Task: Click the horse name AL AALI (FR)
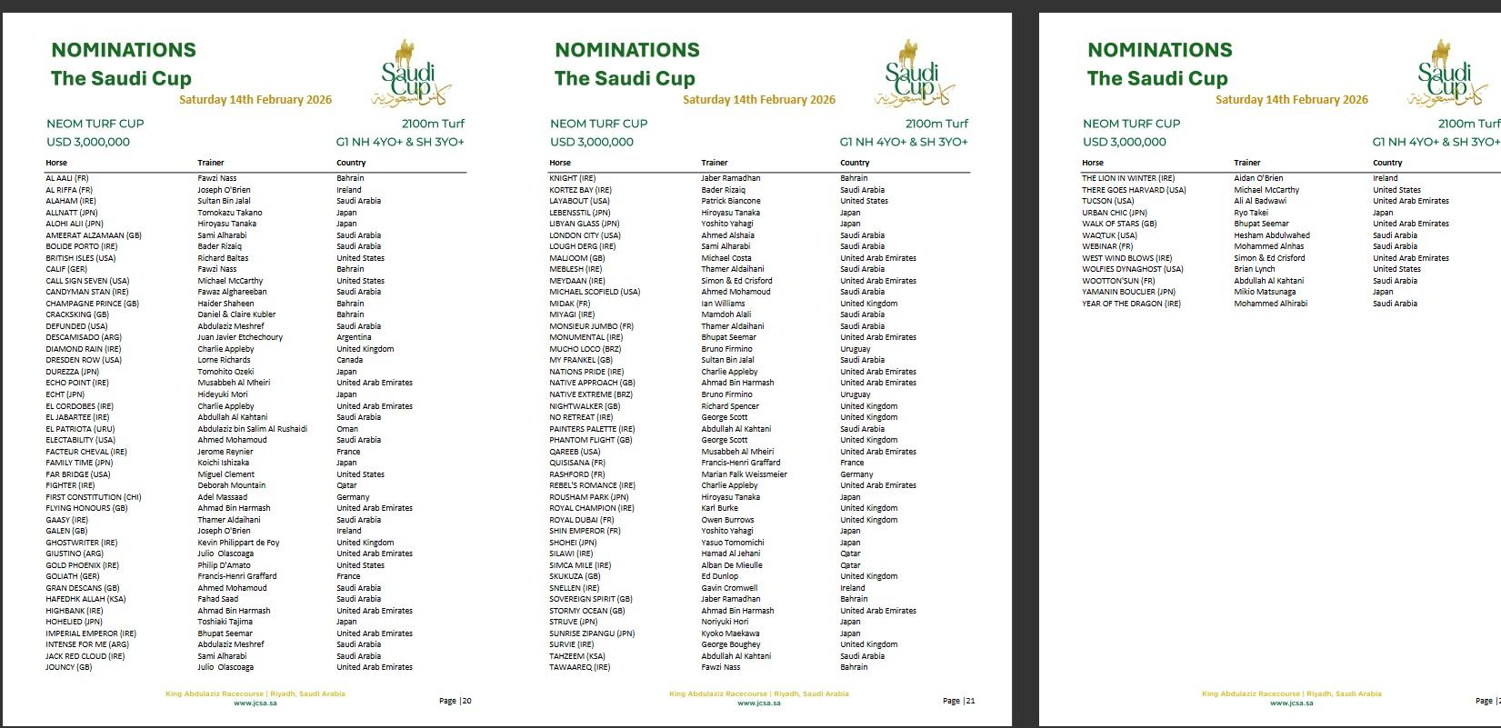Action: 66,178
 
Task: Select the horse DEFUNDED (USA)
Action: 76,326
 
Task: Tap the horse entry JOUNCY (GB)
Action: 69,667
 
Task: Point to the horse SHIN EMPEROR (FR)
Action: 585,531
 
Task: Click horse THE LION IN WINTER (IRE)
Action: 1128,178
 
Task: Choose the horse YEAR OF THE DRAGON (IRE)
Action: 1131,304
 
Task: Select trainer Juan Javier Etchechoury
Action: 240,337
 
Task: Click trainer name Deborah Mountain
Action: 232,485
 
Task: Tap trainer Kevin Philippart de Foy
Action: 238,543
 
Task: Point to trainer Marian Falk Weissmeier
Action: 744,474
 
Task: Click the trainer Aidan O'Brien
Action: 1258,178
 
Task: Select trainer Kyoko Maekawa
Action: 730,633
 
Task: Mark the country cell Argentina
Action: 354,337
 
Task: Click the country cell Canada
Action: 349,360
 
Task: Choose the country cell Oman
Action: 347,429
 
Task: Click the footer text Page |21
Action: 959,701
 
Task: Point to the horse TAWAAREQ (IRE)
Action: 579,667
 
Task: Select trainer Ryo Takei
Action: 1250,213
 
